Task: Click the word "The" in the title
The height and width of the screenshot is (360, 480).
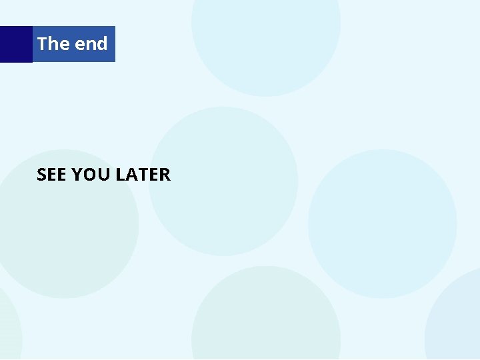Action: coord(53,44)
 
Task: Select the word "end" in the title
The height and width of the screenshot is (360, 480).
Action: coord(91,44)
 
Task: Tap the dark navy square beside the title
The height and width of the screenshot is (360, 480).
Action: coord(16,44)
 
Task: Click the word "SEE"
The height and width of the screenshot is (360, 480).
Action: coord(52,175)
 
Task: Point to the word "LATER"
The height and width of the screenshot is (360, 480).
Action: coord(143,175)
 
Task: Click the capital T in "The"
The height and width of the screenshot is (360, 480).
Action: coord(43,44)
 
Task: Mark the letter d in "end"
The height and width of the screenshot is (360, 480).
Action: coord(101,44)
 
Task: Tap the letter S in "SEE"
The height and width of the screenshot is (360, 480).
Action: coord(42,175)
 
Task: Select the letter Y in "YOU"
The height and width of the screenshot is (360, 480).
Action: coord(77,175)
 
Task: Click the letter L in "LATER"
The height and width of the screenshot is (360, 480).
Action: coord(120,175)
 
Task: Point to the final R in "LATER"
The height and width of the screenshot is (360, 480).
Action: coord(165,175)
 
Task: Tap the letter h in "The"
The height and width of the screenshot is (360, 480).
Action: coord(54,44)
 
